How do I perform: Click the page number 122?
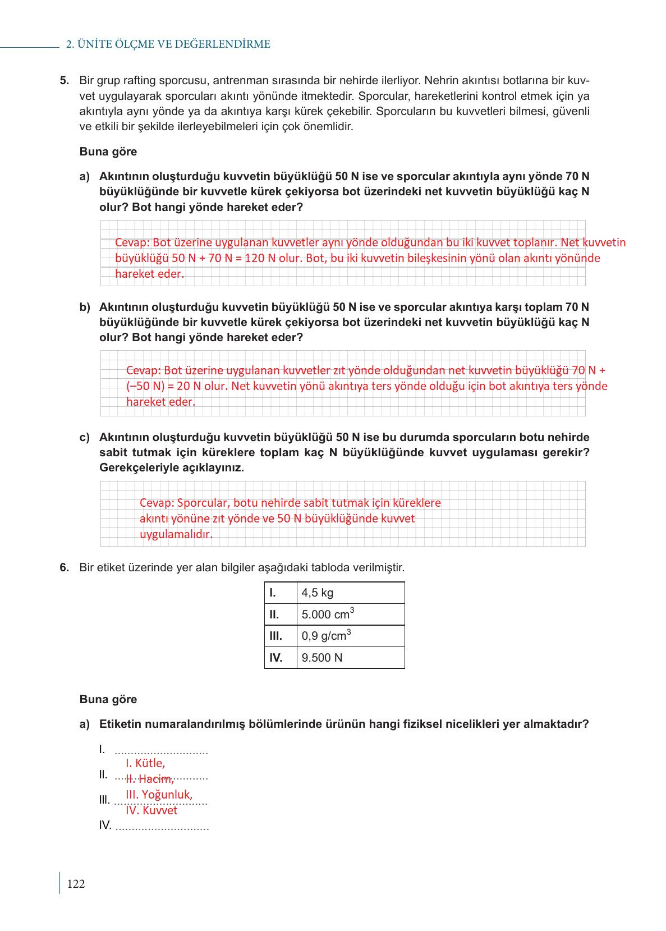(x=76, y=884)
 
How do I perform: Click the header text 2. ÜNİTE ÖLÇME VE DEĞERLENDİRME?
(x=168, y=44)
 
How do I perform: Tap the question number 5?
(x=65, y=80)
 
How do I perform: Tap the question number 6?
(x=65, y=567)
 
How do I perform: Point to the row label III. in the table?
(x=275, y=636)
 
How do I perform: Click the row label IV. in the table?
(x=275, y=658)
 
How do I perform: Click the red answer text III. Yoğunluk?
(x=159, y=795)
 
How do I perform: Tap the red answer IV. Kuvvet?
(x=151, y=810)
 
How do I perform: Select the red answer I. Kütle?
(x=145, y=763)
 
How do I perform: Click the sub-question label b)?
(x=85, y=307)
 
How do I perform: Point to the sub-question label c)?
(x=85, y=437)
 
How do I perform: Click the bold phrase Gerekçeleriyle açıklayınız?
(x=172, y=468)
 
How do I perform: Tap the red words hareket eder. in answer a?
(x=149, y=274)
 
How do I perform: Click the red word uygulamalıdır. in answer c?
(x=176, y=534)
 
